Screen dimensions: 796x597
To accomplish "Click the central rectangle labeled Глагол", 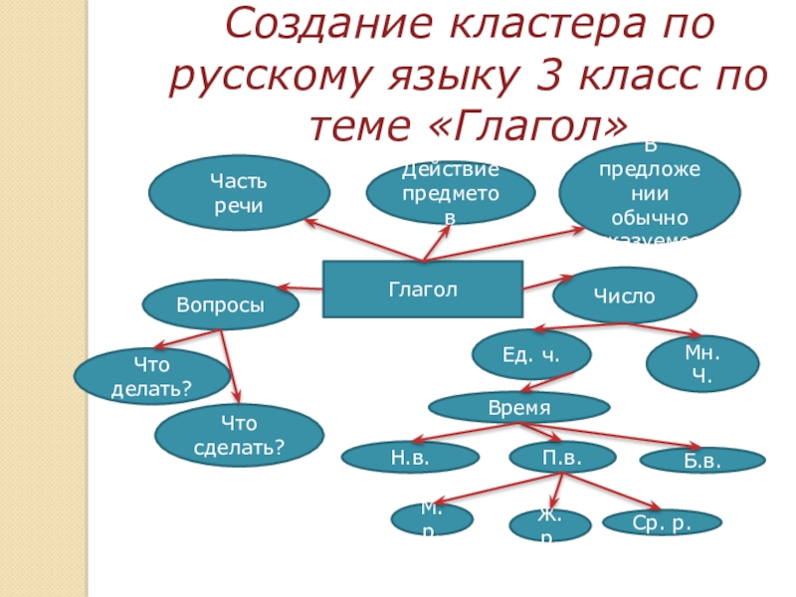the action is (423, 290).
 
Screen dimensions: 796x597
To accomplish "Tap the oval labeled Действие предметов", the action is (450, 192).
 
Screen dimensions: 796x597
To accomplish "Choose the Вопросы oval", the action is (221, 304).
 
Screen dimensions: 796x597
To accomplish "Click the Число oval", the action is (624, 296).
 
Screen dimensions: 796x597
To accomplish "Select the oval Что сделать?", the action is (239, 435).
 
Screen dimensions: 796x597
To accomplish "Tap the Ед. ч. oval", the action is (530, 353).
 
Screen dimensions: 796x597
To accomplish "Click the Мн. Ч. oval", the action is (702, 363).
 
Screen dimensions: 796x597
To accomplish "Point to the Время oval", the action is (518, 407).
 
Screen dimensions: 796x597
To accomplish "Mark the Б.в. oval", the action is (701, 461).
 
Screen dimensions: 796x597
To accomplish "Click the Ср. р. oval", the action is (662, 521).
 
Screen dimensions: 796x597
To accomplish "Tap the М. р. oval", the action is (430, 518).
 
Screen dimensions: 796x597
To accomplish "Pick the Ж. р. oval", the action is (549, 523).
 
